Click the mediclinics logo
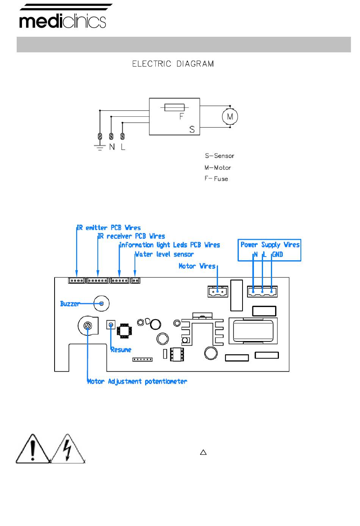click(63, 16)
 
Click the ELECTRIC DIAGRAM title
click(173, 64)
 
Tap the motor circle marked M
click(230, 116)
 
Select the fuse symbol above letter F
click(174, 108)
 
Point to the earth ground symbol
click(100, 147)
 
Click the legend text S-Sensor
click(219, 156)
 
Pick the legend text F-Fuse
click(216, 179)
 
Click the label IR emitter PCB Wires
click(109, 228)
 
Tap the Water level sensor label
click(164, 254)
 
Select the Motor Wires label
click(197, 266)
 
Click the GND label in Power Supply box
click(277, 255)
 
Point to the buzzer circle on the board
click(102, 304)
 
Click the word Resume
click(121, 350)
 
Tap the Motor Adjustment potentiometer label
click(137, 381)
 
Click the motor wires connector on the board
click(218, 291)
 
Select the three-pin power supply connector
click(262, 291)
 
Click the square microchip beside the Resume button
click(124, 331)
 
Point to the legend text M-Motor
click(218, 168)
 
